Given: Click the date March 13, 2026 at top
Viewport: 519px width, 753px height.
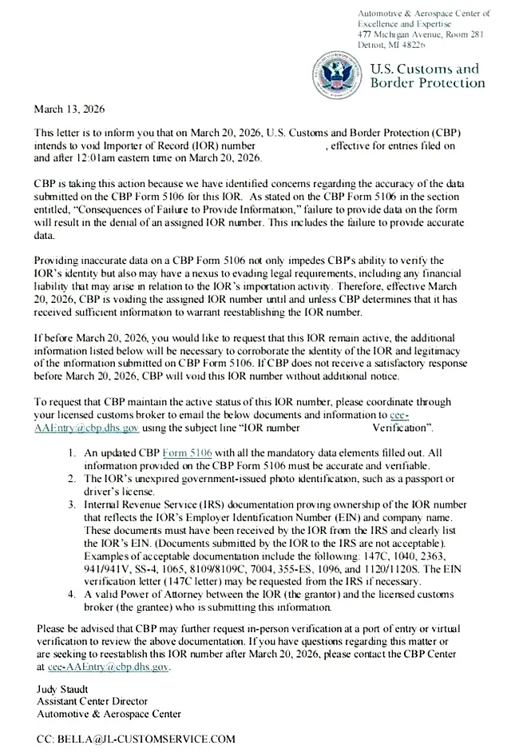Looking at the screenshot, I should point(69,109).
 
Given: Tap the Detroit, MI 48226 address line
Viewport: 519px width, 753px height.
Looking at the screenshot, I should point(392,45).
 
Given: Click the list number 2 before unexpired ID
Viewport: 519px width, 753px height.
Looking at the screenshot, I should point(71,478).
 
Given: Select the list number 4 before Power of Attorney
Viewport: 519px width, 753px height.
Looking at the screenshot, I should point(71,594).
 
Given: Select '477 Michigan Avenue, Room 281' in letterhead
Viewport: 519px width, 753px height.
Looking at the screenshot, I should point(421,34).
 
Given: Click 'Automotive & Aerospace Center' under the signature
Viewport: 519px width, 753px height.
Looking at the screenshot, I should point(109,713).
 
